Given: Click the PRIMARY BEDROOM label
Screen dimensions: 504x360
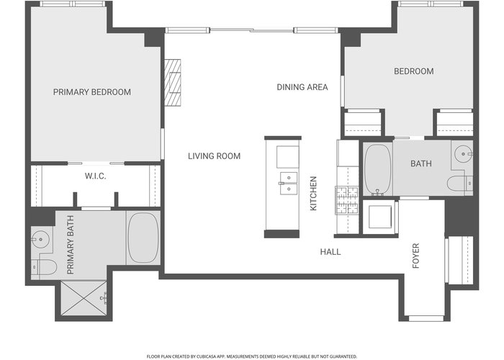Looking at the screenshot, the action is pyautogui.click(x=92, y=92).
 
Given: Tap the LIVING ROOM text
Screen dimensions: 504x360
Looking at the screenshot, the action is pyautogui.click(x=215, y=156).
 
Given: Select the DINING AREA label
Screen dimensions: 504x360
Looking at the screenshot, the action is pyautogui.click(x=302, y=87).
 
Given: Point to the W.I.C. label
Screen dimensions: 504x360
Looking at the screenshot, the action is pyautogui.click(x=96, y=176).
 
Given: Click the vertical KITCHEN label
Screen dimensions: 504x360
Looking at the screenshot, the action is pyautogui.click(x=313, y=194).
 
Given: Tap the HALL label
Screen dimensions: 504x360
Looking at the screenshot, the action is pyautogui.click(x=330, y=252).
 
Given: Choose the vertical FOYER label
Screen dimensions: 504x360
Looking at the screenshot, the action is pyautogui.click(x=416, y=256).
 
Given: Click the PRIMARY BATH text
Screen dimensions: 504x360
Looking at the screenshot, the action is pyautogui.click(x=71, y=245).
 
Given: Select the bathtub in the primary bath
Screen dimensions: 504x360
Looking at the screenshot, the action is pyautogui.click(x=143, y=238).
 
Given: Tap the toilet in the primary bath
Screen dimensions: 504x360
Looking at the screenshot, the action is pyautogui.click(x=44, y=267).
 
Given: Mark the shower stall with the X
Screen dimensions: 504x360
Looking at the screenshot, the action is pyautogui.click(x=84, y=298).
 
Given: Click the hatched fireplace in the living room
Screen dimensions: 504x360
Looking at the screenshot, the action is pyautogui.click(x=173, y=83).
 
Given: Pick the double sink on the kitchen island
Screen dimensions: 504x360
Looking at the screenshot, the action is pyautogui.click(x=289, y=183).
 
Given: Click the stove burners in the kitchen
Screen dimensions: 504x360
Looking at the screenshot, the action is pyautogui.click(x=347, y=200).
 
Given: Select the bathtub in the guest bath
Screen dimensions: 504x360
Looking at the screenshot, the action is pyautogui.click(x=378, y=169).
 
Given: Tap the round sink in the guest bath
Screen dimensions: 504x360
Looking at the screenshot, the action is pyautogui.click(x=464, y=154).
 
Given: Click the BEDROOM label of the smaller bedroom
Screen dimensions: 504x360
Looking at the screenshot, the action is pyautogui.click(x=414, y=71).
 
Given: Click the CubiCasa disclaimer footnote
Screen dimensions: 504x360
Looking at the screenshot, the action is pyautogui.click(x=252, y=356).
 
